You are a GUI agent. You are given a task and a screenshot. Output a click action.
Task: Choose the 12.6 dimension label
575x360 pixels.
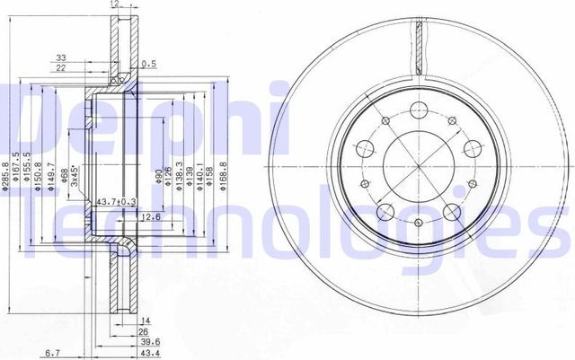pos(126,216)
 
